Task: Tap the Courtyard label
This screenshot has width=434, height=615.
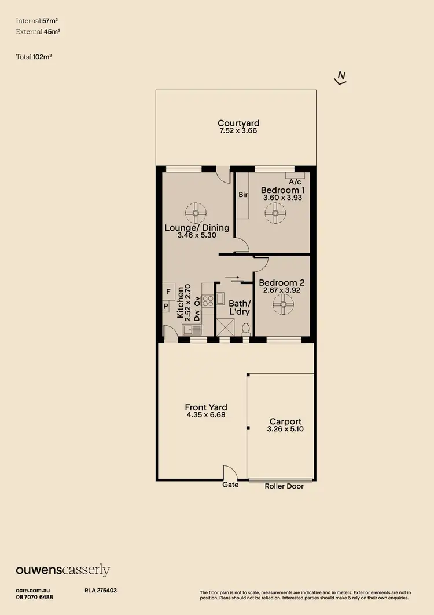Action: click(x=238, y=123)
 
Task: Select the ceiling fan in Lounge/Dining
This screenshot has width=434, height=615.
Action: click(x=196, y=213)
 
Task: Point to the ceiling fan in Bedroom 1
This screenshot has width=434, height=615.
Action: click(x=274, y=213)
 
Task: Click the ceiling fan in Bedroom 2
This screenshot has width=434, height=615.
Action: click(x=283, y=303)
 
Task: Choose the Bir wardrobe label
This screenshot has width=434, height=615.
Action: click(x=243, y=195)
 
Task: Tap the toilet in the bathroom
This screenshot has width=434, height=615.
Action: click(x=245, y=329)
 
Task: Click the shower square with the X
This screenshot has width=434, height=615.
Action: click(x=223, y=327)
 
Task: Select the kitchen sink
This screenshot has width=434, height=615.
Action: click(x=190, y=330)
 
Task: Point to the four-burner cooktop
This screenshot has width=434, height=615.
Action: click(x=208, y=300)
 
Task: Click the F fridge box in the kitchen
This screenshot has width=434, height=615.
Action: click(x=168, y=291)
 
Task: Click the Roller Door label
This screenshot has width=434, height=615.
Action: click(x=284, y=486)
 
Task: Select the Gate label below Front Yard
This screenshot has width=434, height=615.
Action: click(x=230, y=485)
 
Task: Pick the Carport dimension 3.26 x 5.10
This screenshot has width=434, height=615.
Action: click(x=285, y=429)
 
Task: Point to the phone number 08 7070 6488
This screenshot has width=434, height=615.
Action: click(x=34, y=597)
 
